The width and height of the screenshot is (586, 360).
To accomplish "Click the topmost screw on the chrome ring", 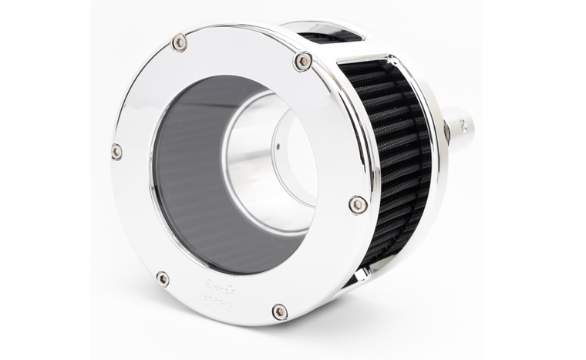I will (x=180, y=42).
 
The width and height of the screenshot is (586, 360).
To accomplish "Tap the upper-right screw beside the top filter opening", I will (x=303, y=61).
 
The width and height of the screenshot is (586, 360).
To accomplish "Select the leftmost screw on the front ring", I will (x=116, y=151).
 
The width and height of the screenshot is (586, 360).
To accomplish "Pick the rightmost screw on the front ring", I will (x=357, y=204).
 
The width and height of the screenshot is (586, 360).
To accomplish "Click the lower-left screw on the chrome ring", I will (x=163, y=278).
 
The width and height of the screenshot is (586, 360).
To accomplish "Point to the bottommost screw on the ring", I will (x=280, y=311).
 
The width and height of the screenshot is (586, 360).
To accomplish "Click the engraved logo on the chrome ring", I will (x=218, y=291).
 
